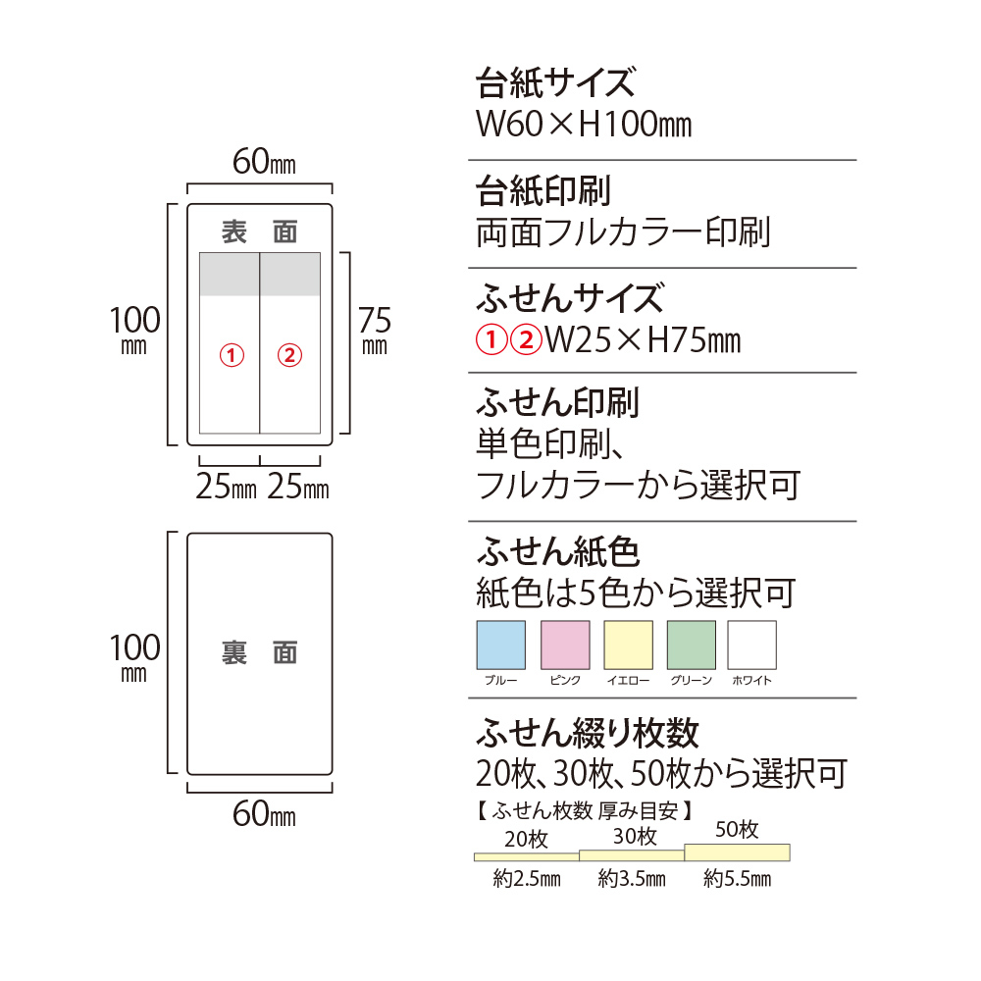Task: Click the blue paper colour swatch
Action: tap(500, 645)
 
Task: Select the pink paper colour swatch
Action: tap(565, 645)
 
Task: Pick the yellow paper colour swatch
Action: tap(628, 645)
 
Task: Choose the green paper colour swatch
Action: tap(692, 645)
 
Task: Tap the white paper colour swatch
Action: tap(752, 645)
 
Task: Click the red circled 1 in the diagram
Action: tap(232, 355)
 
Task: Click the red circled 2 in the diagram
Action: tap(289, 355)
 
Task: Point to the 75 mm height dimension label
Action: tap(375, 331)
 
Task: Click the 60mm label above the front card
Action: tap(264, 162)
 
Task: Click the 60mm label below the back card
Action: tap(264, 813)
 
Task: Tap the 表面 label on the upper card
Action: tap(260, 232)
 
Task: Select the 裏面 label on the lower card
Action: tap(260, 652)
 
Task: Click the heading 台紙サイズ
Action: tap(555, 82)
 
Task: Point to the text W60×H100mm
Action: tap(584, 124)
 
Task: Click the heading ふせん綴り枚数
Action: tap(587, 732)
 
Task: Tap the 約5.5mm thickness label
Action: tap(737, 878)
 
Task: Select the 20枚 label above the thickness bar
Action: tap(526, 839)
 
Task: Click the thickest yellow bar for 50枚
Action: tap(737, 852)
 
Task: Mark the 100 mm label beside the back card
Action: tap(134, 657)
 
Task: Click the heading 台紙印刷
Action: tap(543, 190)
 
